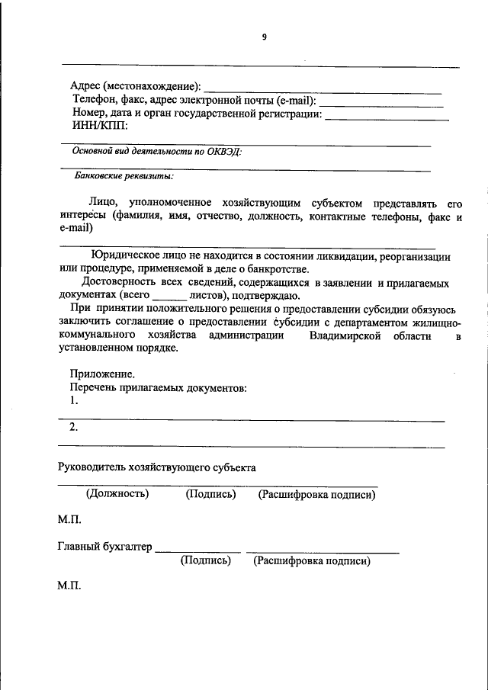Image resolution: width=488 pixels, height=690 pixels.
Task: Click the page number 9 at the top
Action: (264, 37)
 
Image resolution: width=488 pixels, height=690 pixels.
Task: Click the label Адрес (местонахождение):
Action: (136, 86)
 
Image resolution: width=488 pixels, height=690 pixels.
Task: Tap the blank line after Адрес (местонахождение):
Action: (323, 91)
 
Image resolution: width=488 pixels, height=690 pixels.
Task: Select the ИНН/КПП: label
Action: (100, 126)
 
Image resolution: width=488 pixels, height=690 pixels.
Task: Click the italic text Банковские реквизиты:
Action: (124, 176)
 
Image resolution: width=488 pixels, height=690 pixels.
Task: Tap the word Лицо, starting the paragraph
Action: (102, 204)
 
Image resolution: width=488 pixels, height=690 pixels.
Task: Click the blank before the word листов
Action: (169, 297)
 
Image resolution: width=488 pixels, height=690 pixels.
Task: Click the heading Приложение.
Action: (102, 374)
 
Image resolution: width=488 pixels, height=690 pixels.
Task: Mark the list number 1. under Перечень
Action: (74, 400)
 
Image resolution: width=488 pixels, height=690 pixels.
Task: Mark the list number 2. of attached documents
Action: (74, 427)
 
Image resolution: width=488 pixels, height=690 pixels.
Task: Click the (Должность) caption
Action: (117, 494)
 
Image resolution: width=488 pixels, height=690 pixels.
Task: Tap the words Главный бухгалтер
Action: (105, 546)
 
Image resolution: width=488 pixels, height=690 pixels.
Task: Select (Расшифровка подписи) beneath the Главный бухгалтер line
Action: (312, 561)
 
